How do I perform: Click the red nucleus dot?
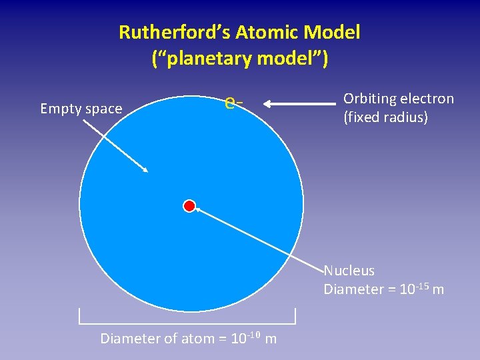pyautogui.click(x=189, y=205)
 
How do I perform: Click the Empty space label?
pyautogui.click(x=81, y=109)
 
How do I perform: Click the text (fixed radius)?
pyautogui.click(x=385, y=119)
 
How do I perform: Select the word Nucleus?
pyautogui.click(x=349, y=271)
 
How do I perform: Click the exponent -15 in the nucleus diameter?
pyautogui.click(x=421, y=285)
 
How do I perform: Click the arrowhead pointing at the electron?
pyautogui.click(x=265, y=103)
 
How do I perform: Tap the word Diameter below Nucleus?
pyautogui.click(x=352, y=289)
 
